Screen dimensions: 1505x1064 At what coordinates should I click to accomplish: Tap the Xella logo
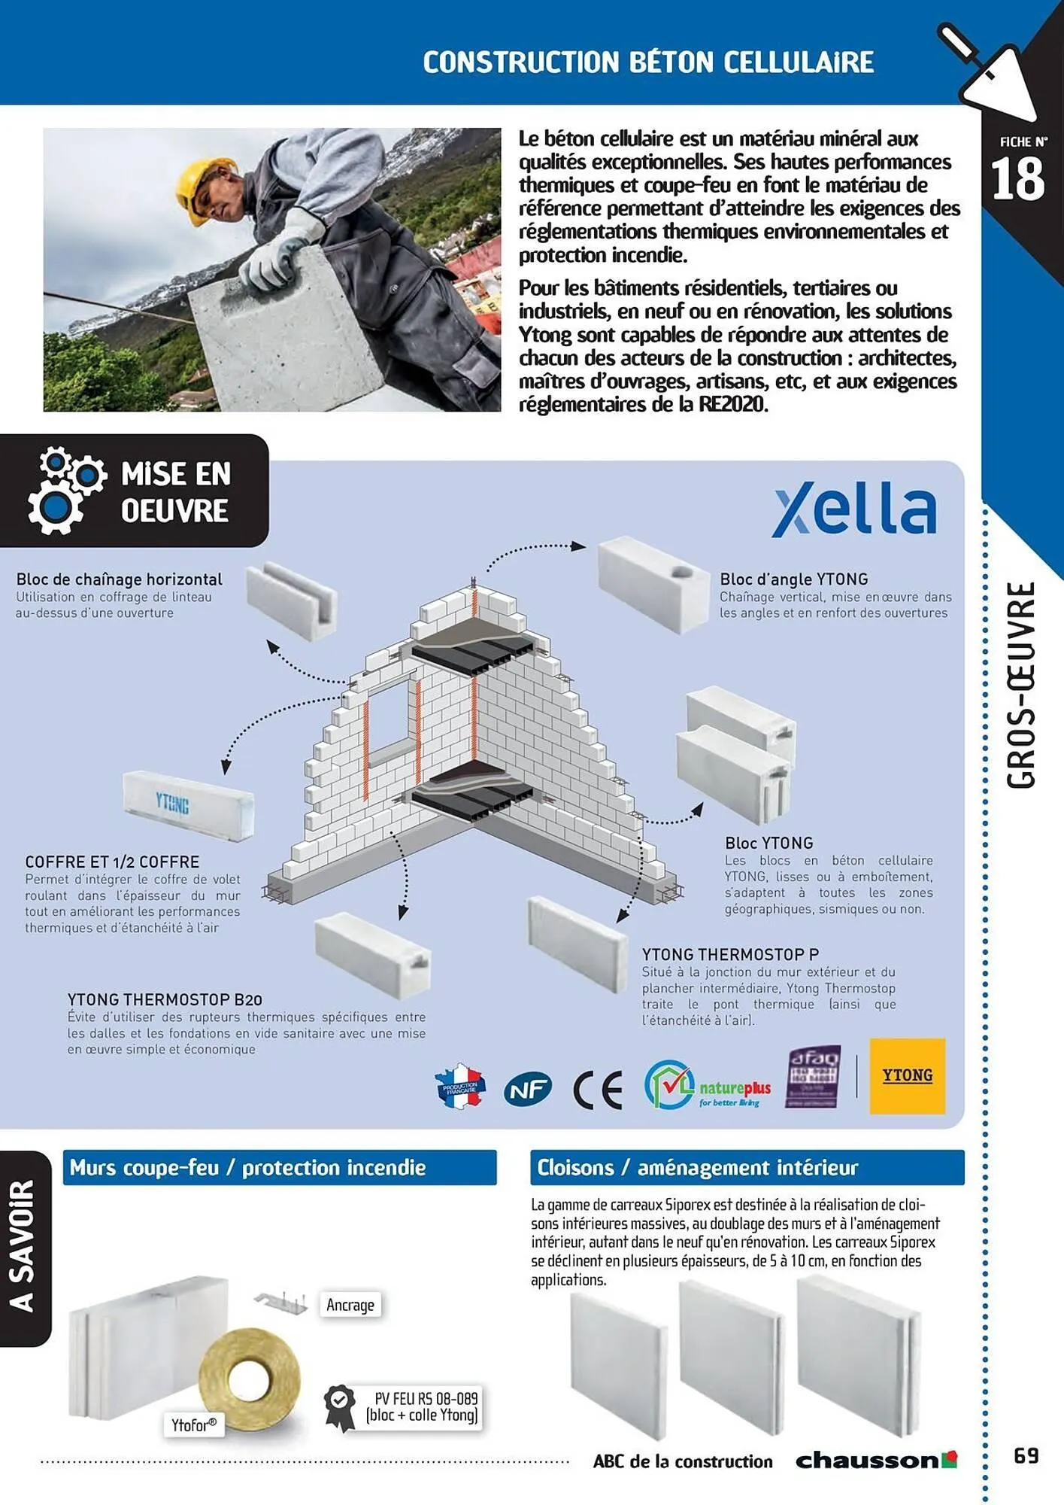tap(854, 509)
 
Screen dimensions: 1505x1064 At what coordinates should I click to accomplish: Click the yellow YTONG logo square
tap(907, 1076)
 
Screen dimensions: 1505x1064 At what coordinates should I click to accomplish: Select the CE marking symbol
tap(598, 1090)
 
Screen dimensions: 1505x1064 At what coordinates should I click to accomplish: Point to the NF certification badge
tap(528, 1088)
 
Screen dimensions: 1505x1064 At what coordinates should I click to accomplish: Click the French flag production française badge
tap(460, 1087)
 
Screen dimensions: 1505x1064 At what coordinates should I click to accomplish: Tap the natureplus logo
tap(708, 1085)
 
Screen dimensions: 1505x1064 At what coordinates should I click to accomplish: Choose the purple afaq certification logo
tap(813, 1076)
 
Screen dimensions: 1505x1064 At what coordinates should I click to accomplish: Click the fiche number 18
tap(1017, 179)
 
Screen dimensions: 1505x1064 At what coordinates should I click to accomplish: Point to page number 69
tap(1026, 1455)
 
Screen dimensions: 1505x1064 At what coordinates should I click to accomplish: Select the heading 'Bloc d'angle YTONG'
tap(793, 579)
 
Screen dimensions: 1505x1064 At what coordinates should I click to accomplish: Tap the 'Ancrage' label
tap(350, 1305)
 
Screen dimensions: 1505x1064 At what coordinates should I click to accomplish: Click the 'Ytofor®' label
tap(194, 1425)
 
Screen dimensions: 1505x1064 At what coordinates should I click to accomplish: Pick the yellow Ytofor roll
tap(250, 1379)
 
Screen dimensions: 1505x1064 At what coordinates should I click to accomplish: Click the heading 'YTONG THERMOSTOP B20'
tap(165, 999)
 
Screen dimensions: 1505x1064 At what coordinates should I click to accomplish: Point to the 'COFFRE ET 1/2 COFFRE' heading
tap(112, 862)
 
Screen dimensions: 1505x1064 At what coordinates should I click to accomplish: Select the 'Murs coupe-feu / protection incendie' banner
tap(280, 1168)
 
